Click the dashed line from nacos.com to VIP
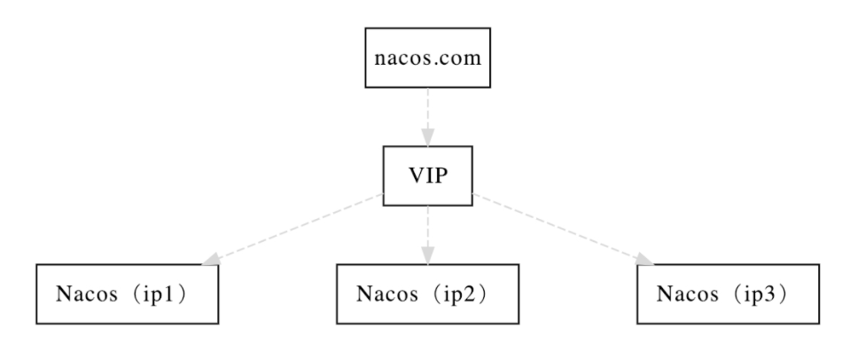point(427,116)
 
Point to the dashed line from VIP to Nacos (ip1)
point(292,230)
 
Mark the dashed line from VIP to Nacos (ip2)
point(427,235)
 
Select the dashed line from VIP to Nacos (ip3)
point(563,230)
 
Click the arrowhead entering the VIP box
point(427,137)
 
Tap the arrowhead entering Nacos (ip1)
point(211,259)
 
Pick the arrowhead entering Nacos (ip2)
point(427,255)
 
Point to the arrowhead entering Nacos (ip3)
point(644,259)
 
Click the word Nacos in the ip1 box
point(87,294)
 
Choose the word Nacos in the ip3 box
point(687,294)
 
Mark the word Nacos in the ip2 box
point(386,294)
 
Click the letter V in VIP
point(417,176)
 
